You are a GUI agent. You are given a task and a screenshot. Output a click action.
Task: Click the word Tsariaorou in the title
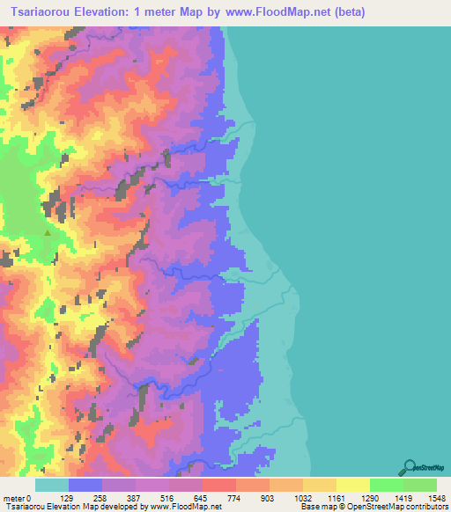pyautogui.click(x=45, y=12)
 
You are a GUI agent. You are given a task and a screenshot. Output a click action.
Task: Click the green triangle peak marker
pyautogui.click(x=47, y=233)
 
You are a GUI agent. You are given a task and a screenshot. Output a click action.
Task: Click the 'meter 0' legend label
pyautogui.click(x=17, y=499)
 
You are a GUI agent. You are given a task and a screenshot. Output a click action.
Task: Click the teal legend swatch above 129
pyautogui.click(x=52, y=485)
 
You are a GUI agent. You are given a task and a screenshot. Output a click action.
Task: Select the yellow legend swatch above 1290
pyautogui.click(x=352, y=485)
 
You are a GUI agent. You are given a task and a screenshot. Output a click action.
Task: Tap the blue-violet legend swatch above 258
pyautogui.click(x=85, y=485)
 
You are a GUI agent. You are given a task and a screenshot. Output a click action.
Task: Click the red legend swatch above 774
pyautogui.click(x=219, y=485)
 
